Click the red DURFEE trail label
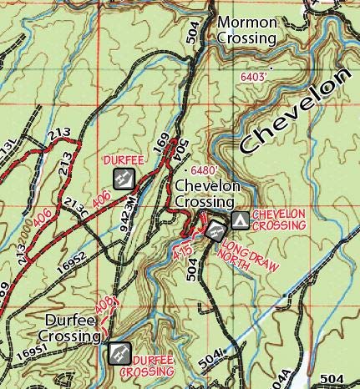pos(121,159)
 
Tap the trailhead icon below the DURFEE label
pos(122,177)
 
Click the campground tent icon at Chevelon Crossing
pos(240,220)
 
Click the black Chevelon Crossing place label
pos(202,194)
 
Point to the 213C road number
pos(75,205)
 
